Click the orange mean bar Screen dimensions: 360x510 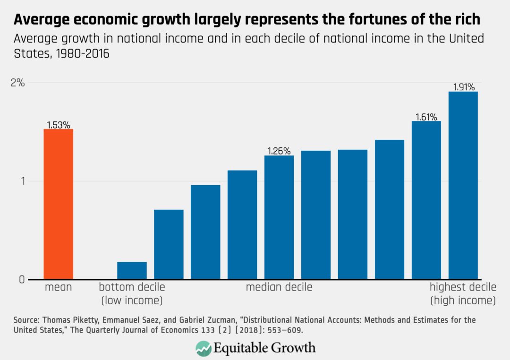tap(59, 204)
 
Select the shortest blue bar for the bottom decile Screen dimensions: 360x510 tap(132, 271)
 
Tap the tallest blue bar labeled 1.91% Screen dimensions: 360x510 tap(463, 185)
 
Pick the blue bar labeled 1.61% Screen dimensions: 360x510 tap(426, 200)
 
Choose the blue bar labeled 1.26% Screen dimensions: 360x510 tap(279, 217)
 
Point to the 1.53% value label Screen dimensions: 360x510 tap(59, 125)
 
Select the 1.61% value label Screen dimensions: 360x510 tap(426, 117)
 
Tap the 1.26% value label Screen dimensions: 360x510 tap(279, 152)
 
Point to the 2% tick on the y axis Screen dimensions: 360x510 tap(18, 83)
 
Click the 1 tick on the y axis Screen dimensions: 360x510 tap(22, 181)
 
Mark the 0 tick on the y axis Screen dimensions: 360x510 tap(21, 280)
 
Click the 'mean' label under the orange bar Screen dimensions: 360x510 tap(59, 287)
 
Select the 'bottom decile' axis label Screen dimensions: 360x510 tap(132, 287)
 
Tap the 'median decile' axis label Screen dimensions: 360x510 tap(279, 287)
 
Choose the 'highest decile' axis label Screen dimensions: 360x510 tap(463, 287)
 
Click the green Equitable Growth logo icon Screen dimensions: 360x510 tap(204, 349)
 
